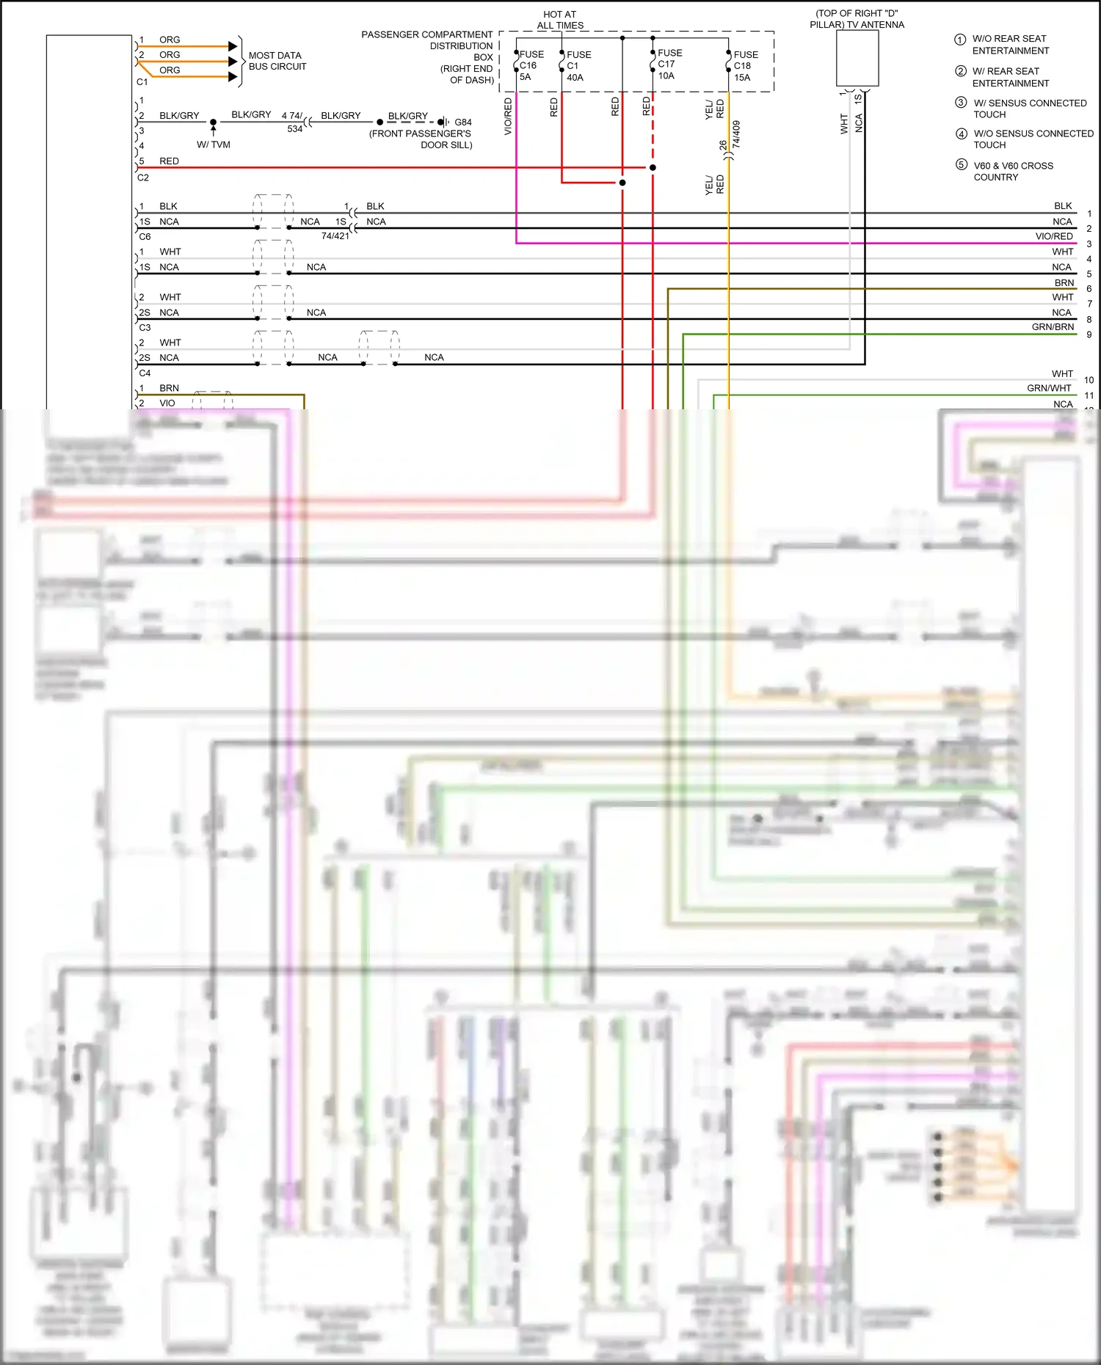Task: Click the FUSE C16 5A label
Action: (x=531, y=65)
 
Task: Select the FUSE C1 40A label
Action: (x=578, y=65)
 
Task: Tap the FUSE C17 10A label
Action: (x=669, y=64)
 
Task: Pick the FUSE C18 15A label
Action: (x=745, y=65)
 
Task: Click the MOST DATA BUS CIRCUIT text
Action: (x=277, y=61)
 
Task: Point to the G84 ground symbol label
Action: (x=462, y=122)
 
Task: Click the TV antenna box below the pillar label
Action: (x=857, y=59)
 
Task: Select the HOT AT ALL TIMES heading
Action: (x=560, y=20)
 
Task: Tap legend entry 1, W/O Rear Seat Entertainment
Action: (x=1009, y=45)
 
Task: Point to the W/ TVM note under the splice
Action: (x=214, y=144)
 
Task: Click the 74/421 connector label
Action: (x=335, y=236)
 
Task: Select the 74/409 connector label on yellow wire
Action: (x=736, y=135)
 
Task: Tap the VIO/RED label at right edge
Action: (x=1053, y=236)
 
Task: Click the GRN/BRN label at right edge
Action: (x=1052, y=327)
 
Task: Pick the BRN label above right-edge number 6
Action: (x=1064, y=282)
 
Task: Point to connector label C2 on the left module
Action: (x=143, y=178)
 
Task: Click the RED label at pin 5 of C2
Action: (x=169, y=161)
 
